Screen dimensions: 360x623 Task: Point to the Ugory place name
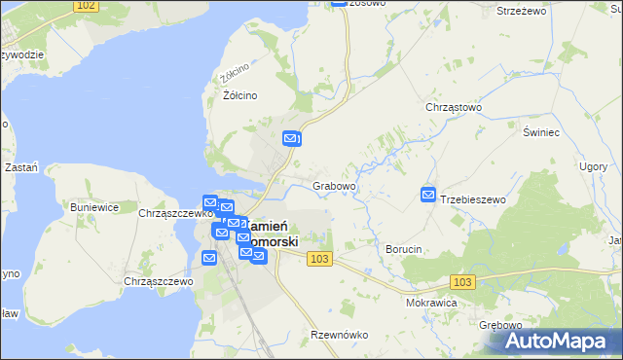click(x=592, y=166)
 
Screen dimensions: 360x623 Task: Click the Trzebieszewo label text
click(x=474, y=199)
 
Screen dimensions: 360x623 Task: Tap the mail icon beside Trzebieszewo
click(x=428, y=196)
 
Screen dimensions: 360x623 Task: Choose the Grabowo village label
click(x=334, y=185)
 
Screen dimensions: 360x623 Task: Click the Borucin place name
click(x=404, y=249)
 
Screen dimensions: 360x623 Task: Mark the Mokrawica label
click(x=431, y=303)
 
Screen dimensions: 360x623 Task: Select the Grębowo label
click(x=501, y=325)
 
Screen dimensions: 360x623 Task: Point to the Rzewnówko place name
click(x=339, y=335)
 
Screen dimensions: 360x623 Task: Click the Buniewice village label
click(x=94, y=207)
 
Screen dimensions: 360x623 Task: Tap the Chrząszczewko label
click(x=175, y=213)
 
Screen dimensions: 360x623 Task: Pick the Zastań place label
click(x=21, y=167)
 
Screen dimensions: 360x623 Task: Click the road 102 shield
click(x=86, y=6)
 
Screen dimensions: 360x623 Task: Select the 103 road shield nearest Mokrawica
click(x=463, y=281)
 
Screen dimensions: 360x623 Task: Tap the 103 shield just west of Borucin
click(x=320, y=259)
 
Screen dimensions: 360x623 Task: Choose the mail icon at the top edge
click(x=338, y=3)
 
